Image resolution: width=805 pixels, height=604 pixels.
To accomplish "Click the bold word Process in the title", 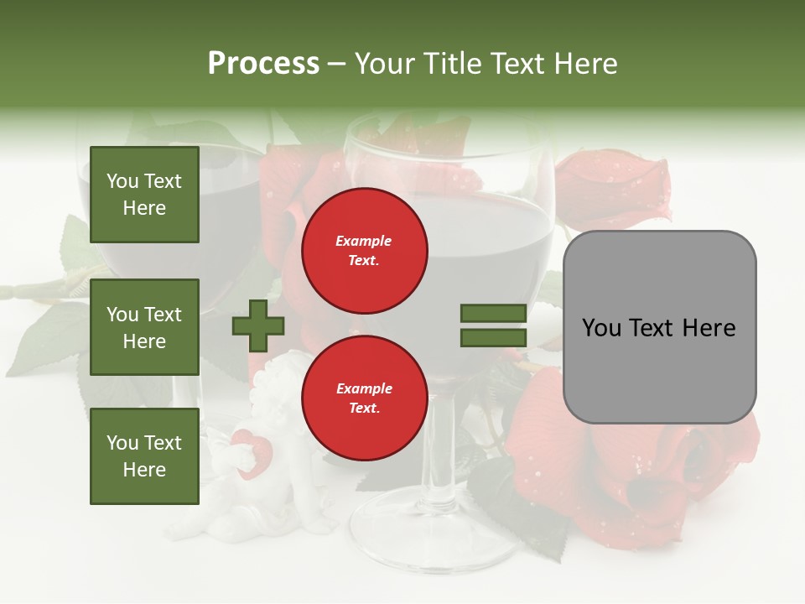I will point(263,64).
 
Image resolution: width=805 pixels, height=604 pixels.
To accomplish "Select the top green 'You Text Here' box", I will point(144,195).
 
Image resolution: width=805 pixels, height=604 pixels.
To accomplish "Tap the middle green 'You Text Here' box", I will point(144,327).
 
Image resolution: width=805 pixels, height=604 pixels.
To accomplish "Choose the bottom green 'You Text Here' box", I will point(144,456).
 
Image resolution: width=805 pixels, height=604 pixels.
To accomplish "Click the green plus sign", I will point(258,326).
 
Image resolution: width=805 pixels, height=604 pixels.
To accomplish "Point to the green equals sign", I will point(493,325).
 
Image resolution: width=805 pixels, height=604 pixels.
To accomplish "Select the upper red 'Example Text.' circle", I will point(364,250).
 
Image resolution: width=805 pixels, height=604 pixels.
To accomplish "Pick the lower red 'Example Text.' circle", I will point(364,398).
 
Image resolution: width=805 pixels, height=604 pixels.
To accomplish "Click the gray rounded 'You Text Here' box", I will point(659,327).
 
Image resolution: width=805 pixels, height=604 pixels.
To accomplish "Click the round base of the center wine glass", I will point(432,528).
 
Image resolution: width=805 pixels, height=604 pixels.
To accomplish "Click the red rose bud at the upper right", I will point(616,189).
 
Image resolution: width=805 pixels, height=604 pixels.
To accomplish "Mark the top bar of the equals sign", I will point(493,313).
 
